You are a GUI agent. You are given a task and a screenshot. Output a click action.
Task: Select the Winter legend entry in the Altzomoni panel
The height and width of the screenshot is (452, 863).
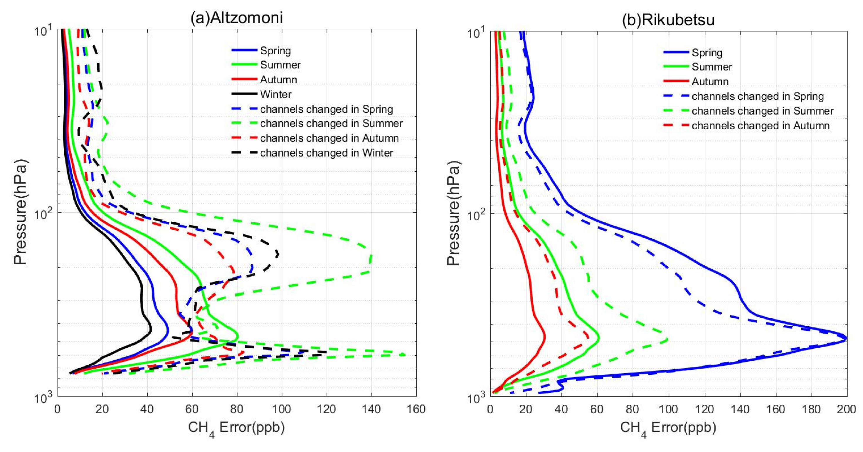click(276, 95)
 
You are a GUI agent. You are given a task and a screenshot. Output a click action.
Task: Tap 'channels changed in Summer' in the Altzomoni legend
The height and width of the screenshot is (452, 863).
click(331, 124)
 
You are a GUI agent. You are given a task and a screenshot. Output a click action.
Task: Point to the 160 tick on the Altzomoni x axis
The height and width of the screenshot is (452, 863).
click(416, 409)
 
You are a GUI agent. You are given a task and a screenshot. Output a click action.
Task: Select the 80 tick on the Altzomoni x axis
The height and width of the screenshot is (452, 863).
click(237, 409)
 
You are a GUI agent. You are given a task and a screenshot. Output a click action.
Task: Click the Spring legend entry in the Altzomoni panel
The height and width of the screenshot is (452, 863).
click(275, 51)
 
